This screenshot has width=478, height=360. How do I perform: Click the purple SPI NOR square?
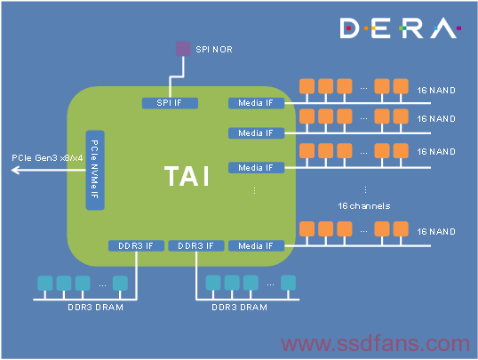[x=183, y=49]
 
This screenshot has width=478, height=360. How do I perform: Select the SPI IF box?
[x=170, y=103]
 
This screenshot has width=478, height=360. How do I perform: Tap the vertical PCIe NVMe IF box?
[x=95, y=170]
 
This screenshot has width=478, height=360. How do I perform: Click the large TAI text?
[x=187, y=176]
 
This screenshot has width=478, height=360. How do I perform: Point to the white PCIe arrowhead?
[x=15, y=170]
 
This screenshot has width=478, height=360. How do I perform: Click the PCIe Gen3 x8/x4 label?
[x=47, y=157]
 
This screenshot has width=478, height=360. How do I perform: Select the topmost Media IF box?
[x=257, y=103]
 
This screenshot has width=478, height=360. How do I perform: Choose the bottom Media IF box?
[x=257, y=246]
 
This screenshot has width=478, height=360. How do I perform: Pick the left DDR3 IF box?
[x=136, y=246]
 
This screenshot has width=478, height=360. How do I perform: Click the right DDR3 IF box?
[x=196, y=246]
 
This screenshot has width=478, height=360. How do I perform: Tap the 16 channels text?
[x=364, y=206]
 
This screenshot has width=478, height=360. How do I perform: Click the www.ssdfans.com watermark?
[x=375, y=343]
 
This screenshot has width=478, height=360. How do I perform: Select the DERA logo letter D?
[x=349, y=28]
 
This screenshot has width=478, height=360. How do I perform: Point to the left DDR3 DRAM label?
[x=95, y=308]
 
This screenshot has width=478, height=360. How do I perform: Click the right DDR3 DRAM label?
[x=239, y=308]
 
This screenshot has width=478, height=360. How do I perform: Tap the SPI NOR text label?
[x=214, y=50]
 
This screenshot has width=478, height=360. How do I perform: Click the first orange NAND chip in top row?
[x=307, y=86]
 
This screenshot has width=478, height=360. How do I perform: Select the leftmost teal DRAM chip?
[x=45, y=284]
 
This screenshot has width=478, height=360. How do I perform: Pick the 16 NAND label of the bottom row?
[x=436, y=232]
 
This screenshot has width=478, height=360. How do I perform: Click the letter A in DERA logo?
[x=443, y=28]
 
